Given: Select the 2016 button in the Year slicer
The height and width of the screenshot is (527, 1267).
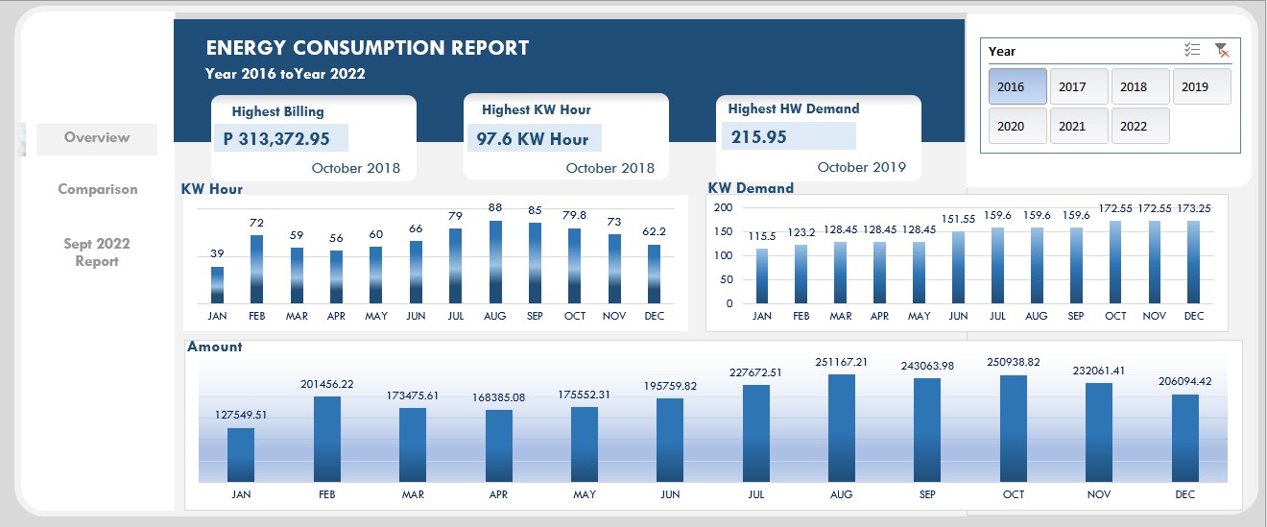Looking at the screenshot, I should pyautogui.click(x=1017, y=86).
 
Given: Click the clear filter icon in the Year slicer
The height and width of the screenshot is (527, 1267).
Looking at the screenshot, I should pyautogui.click(x=1222, y=51).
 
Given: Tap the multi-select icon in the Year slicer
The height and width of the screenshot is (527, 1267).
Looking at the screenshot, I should pyautogui.click(x=1192, y=51).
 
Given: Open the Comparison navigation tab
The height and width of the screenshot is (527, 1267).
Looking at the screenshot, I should pyautogui.click(x=97, y=189).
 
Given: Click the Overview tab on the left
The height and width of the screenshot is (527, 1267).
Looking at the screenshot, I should pyautogui.click(x=97, y=138).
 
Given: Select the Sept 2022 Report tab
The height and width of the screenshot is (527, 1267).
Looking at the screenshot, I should pyautogui.click(x=97, y=252).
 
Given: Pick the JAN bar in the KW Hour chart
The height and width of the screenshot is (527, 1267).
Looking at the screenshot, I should pyautogui.click(x=217, y=285).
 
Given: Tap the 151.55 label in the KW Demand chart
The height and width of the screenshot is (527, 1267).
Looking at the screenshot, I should pyautogui.click(x=959, y=219).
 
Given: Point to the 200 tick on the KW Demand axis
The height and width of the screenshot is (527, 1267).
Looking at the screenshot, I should pyautogui.click(x=724, y=207).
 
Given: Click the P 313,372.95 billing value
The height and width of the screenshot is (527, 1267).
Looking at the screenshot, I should pyautogui.click(x=276, y=139).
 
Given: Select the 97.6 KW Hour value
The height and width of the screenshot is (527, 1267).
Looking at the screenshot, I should pyautogui.click(x=533, y=139).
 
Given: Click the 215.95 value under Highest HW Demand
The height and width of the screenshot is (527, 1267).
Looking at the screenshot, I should pyautogui.click(x=758, y=137).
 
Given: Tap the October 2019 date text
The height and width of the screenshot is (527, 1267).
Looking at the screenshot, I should pyautogui.click(x=861, y=167).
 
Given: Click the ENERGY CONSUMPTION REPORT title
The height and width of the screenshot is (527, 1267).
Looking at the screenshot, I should pyautogui.click(x=368, y=48).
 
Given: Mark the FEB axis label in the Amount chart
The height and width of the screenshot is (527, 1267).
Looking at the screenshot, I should pyautogui.click(x=326, y=494).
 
